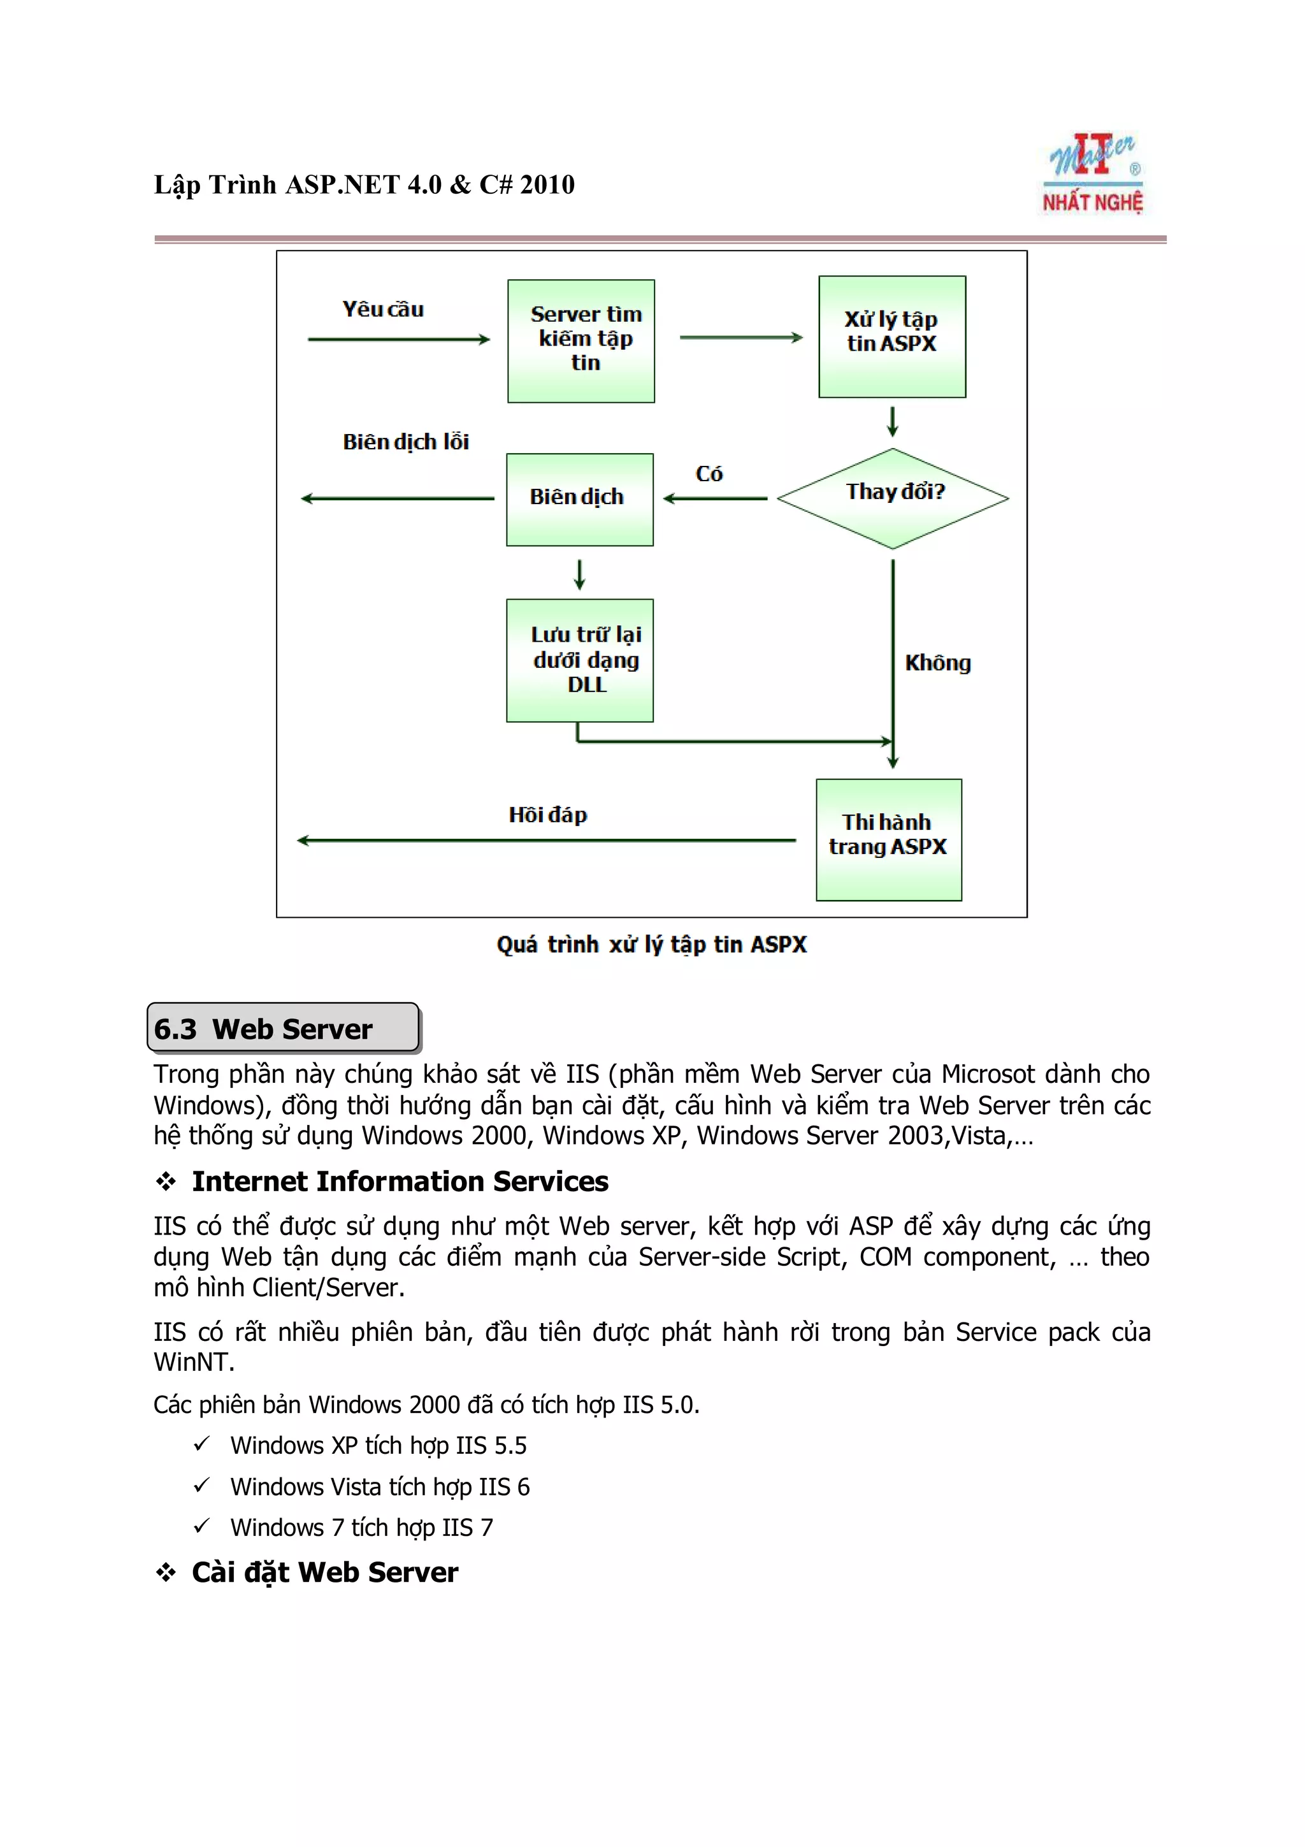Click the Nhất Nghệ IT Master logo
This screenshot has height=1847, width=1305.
coord(1092,175)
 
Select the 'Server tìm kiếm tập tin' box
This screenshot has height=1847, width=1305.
coord(580,341)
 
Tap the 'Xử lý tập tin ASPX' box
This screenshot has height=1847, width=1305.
coord(891,337)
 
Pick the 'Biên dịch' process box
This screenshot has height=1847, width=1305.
coord(579,500)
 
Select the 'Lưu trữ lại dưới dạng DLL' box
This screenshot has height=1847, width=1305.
coord(579,660)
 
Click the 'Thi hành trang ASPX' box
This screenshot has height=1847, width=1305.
coord(888,839)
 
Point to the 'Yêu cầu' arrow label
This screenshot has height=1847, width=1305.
coord(383,310)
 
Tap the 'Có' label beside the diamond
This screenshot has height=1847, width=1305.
coord(709,474)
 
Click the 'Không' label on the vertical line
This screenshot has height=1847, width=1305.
coord(937,663)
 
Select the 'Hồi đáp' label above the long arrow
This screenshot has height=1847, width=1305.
coord(547,815)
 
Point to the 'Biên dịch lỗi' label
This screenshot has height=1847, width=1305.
coord(405,442)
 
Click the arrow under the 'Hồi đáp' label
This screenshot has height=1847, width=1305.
coord(547,841)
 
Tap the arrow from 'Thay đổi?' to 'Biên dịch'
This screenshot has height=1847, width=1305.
coord(715,499)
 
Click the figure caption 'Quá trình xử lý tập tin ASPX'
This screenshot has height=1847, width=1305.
coord(651,945)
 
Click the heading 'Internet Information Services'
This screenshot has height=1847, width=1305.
coord(400,1181)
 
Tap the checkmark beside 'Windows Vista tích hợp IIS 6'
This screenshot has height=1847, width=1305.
coord(201,1485)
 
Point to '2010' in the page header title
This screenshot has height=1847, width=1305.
coord(547,185)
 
